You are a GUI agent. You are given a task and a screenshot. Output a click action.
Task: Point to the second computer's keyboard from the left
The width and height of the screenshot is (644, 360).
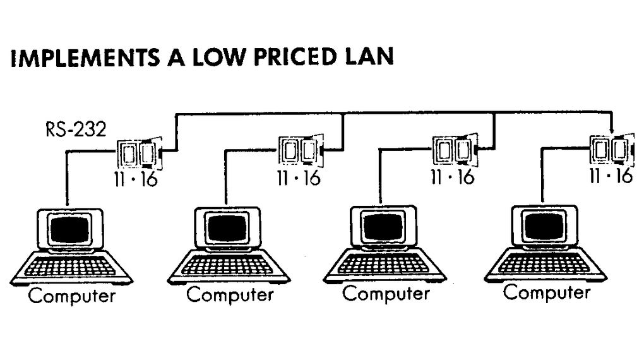click(229, 266)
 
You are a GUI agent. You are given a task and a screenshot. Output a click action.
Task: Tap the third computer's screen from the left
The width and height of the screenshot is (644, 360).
click(381, 226)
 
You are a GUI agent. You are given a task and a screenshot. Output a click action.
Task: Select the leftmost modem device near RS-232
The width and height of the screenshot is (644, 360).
click(140, 153)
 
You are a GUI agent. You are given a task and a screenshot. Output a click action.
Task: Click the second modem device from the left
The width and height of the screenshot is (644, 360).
click(299, 152)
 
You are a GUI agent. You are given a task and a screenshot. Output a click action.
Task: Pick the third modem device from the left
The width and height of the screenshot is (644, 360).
click(453, 150)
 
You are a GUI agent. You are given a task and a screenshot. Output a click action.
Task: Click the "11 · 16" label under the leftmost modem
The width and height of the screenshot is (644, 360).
click(135, 179)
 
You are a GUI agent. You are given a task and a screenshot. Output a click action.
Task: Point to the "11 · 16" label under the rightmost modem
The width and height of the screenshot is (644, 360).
click(610, 176)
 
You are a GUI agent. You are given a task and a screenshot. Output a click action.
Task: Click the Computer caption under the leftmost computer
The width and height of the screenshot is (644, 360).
click(72, 296)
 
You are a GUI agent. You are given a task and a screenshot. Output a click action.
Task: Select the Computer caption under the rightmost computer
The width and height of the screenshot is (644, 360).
click(547, 292)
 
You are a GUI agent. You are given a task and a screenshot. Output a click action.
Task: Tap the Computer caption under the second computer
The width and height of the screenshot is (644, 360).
click(230, 294)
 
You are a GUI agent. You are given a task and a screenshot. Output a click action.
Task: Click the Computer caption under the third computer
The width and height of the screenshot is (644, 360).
click(386, 294)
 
